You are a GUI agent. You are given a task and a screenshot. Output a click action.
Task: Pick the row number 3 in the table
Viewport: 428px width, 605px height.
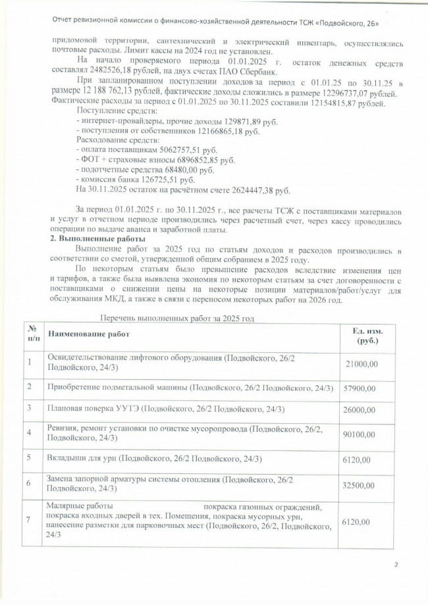click(30, 409)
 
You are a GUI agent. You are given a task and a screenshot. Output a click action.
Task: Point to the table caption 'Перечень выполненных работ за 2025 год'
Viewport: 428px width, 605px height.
click(176, 318)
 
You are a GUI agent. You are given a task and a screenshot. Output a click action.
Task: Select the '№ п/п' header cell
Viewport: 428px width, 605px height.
click(31, 334)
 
